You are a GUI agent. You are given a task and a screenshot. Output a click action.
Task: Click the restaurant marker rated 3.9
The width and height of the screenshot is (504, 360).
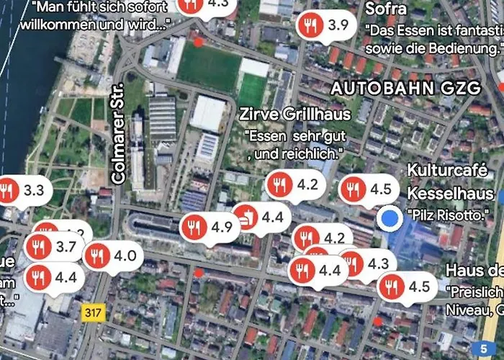click(325, 25)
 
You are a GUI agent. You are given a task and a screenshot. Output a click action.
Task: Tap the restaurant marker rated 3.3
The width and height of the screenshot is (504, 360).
click(22, 191)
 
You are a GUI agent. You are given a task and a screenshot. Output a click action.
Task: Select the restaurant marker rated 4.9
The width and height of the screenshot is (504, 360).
click(210, 228)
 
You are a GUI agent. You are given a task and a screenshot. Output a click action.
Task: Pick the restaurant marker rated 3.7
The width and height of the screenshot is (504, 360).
click(53, 247)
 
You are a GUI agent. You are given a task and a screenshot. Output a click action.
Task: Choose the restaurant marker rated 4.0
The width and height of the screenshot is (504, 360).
click(112, 255)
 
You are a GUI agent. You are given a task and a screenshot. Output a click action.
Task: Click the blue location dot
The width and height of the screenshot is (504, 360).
click(391, 218)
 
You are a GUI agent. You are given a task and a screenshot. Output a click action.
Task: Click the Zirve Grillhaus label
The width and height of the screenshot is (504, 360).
click(295, 114)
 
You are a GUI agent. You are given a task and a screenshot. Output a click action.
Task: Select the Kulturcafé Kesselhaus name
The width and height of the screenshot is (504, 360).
click(451, 182)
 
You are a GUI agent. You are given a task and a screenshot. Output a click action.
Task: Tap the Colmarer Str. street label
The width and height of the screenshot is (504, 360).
click(120, 137)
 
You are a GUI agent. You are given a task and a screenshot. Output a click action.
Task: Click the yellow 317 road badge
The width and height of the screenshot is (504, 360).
click(92, 312)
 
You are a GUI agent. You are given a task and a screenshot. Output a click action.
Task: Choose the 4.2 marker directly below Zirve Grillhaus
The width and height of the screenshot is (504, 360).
click(295, 184)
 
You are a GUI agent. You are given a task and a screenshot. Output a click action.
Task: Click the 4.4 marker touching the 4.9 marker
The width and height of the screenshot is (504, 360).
click(263, 216)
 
